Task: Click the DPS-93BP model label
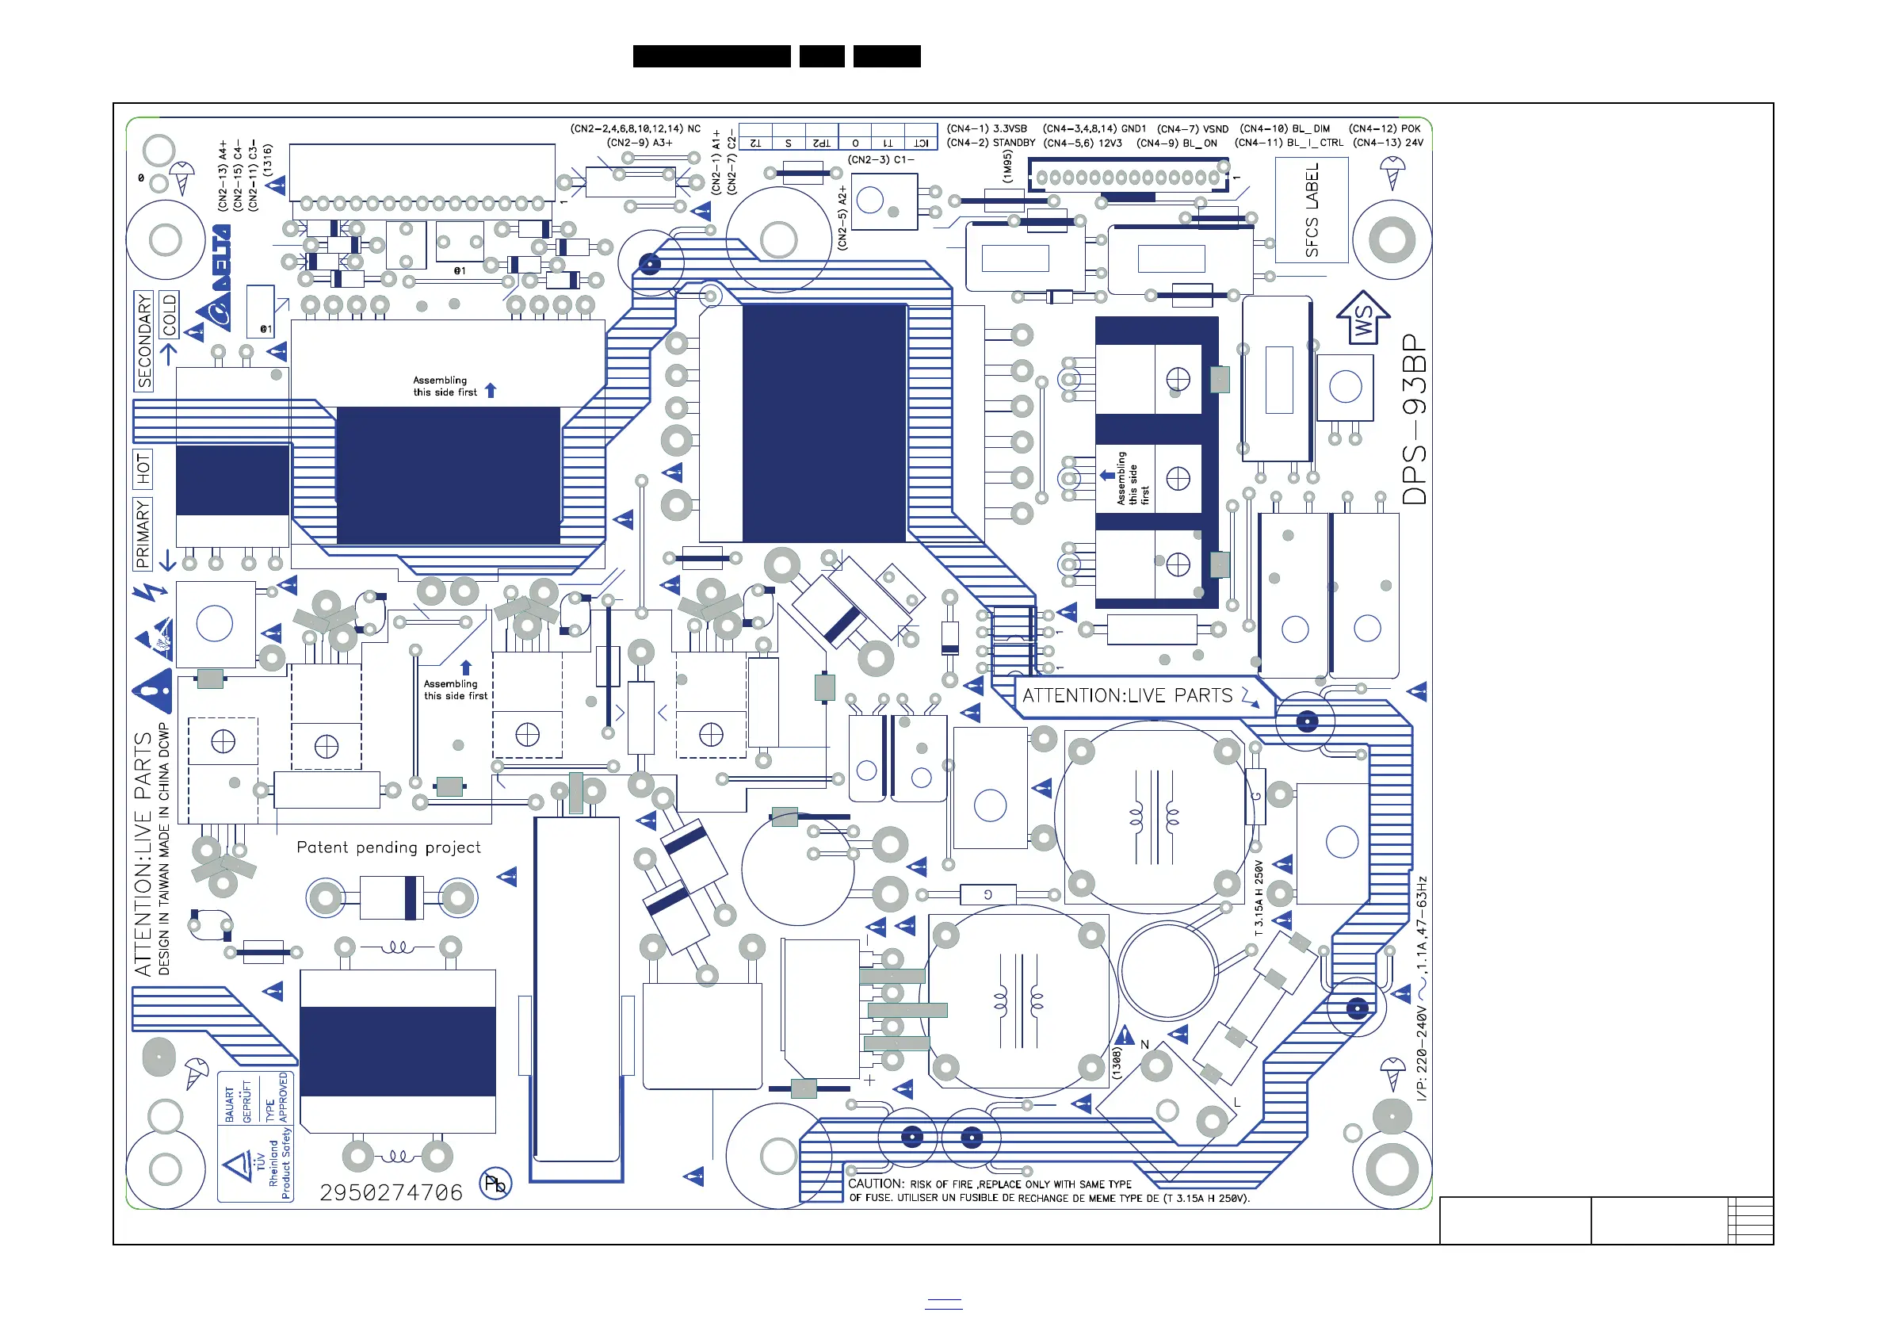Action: coord(1415,419)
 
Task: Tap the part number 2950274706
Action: coord(392,1193)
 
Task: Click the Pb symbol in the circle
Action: coord(495,1184)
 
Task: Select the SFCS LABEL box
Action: coord(1312,209)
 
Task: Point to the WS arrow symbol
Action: coord(1362,318)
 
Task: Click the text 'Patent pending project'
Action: coord(389,847)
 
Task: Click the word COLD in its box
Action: coord(170,315)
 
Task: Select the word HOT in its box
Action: coord(143,469)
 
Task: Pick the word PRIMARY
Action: coord(143,534)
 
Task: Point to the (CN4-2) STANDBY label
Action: coord(991,143)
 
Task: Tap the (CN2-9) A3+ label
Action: coord(640,143)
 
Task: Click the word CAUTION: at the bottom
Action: coord(876,1184)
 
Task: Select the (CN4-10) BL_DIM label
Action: coord(1285,128)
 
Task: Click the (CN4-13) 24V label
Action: coord(1389,143)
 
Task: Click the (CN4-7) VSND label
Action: coord(1193,129)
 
